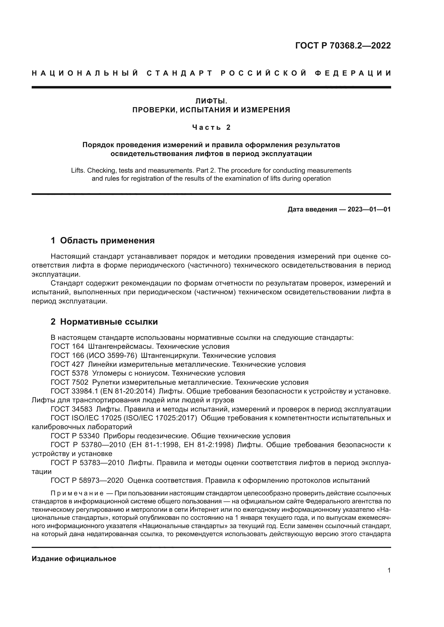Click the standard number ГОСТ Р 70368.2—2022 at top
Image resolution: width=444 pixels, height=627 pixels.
(343, 46)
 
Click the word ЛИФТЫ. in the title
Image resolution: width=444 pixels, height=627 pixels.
(211, 101)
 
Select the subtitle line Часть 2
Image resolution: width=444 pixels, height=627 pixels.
(211, 127)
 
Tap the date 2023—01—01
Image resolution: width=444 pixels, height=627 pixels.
(369, 209)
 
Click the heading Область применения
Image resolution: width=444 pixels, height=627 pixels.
(107, 240)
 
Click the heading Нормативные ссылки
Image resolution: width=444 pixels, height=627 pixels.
(109, 322)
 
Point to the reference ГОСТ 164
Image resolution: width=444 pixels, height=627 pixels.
(67, 347)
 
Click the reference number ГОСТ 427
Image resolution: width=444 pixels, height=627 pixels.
(67, 364)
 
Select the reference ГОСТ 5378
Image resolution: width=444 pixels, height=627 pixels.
(70, 373)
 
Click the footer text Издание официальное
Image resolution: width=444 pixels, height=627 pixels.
(74, 558)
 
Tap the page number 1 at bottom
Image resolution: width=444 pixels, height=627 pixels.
(389, 570)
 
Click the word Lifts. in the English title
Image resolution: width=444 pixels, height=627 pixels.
(78, 171)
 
